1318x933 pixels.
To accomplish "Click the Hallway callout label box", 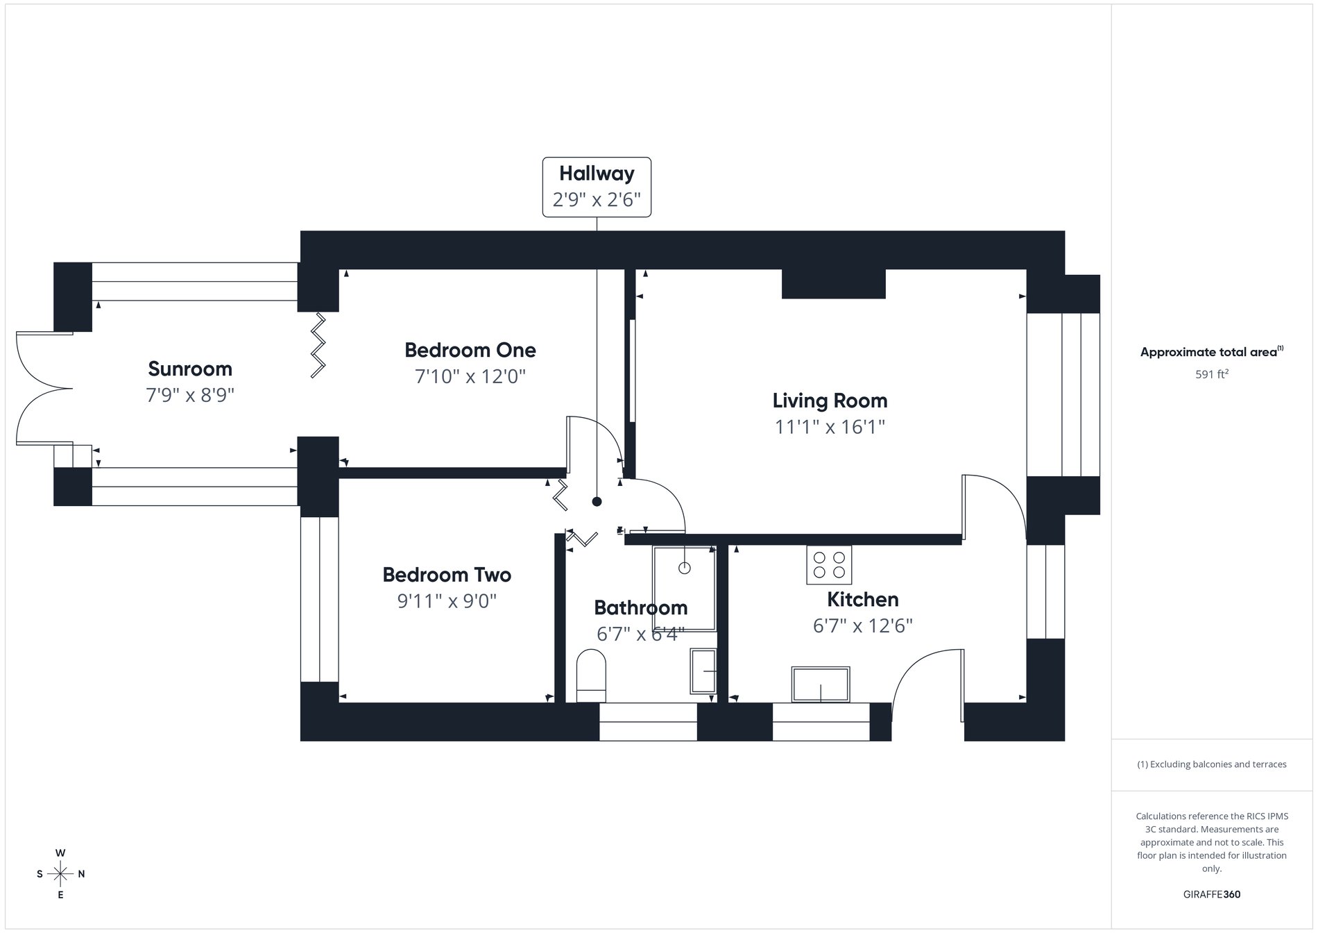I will pos(597,187).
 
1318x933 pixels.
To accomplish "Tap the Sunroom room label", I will pos(190,369).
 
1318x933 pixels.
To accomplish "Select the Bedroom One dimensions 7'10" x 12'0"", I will pos(470,377).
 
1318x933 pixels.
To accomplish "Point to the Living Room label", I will pos(830,401).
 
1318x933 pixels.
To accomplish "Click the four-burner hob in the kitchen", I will pos(829,565).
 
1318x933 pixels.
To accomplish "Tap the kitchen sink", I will pos(821,685).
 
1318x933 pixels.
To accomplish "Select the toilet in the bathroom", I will pos(591,675).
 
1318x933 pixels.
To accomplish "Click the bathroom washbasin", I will pos(703,671).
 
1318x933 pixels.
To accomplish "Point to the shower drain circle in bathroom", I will pos(685,568).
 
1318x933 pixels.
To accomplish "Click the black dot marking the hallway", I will pos(597,502).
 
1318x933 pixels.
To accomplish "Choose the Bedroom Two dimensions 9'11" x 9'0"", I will pos(447,601).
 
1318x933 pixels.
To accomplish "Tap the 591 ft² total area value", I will pos(1212,374).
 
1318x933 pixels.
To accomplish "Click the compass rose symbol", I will pos(60,874).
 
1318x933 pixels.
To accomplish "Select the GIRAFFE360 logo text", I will pos(1212,894).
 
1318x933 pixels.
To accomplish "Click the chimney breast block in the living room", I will pos(833,284).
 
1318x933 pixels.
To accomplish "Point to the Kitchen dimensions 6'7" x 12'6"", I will pos(862,626).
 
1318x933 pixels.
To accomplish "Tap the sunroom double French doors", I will pos(42,387).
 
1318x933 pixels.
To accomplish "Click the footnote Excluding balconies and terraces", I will pos(1212,764).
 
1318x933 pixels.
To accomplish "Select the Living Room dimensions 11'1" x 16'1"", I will pos(830,427).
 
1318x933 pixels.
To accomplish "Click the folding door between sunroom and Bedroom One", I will pos(318,345).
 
